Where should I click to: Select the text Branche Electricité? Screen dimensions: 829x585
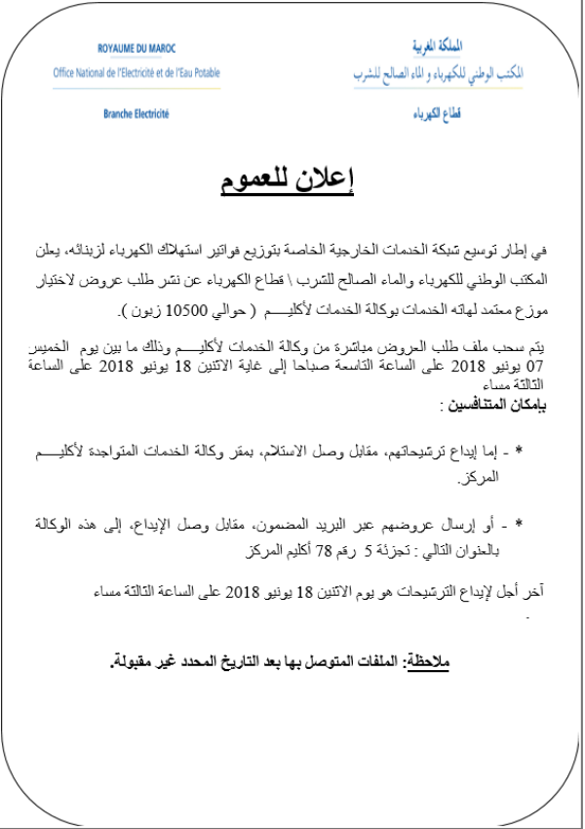point(136,114)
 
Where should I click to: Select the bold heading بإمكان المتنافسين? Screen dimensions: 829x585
point(497,403)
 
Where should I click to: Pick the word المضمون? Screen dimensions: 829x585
point(291,526)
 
